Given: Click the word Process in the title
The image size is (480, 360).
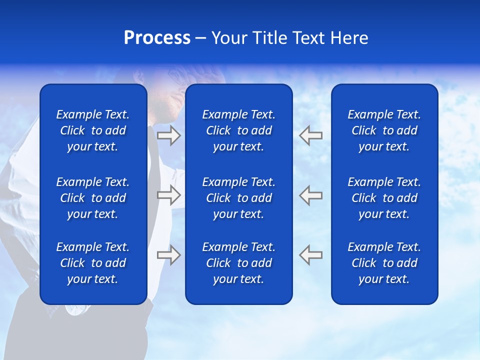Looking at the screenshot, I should tap(157, 38).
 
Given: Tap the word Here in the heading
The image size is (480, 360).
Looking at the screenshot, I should tap(348, 38).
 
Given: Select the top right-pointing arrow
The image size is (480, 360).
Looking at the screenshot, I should tap(169, 135).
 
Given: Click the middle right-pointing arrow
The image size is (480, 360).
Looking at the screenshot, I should tap(169, 195).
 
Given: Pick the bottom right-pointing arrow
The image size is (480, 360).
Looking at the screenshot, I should tap(169, 254).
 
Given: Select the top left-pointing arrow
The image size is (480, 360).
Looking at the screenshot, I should tap(310, 135).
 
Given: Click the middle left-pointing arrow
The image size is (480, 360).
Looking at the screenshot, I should tap(310, 195).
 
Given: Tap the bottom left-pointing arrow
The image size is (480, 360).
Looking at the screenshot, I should tap(310, 254).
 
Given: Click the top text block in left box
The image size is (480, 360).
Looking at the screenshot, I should tap(93, 130).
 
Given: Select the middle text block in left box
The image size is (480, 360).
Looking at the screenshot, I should tap(93, 198).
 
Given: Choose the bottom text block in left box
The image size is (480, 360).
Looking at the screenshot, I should tap(93, 263).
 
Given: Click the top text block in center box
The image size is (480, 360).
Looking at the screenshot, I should tap(238, 130).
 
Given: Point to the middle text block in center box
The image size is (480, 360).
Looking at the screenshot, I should tap(238, 198).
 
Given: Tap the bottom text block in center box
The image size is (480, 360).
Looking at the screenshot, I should tap(238, 263).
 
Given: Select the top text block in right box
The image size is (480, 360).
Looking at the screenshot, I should tap(384, 130).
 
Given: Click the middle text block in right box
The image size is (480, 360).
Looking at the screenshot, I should tap(384, 198).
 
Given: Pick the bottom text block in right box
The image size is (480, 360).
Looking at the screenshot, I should tap(384, 263).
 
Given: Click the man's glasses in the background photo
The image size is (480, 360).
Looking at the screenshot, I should tap(176, 76).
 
